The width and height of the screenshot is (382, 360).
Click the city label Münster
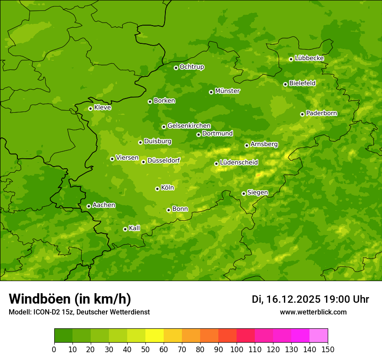[227, 91]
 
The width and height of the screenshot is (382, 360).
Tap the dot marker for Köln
[157, 189]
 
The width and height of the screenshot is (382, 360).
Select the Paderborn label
[322, 113]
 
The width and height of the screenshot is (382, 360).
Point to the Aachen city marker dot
[89, 206]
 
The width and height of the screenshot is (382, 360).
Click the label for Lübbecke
[310, 58]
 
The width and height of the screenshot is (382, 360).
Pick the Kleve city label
[102, 108]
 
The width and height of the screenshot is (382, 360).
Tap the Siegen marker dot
[244, 193]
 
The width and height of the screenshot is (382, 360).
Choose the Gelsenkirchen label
[189, 126]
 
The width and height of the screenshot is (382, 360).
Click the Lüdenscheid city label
[239, 163]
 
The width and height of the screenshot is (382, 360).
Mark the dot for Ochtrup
[176, 68]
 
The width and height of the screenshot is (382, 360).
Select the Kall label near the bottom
[135, 228]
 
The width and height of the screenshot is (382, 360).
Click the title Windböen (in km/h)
[70, 299]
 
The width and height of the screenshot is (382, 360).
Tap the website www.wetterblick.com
[313, 312]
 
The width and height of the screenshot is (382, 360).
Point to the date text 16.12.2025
[293, 299]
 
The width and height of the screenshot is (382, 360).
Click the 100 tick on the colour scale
[237, 349]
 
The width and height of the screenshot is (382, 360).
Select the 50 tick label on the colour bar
[145, 349]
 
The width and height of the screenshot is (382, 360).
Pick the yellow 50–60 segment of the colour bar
[155, 336]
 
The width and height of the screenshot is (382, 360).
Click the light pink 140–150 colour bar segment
[319, 336]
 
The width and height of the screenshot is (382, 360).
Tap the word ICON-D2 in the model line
[46, 312]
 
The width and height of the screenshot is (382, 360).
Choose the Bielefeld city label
[302, 83]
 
